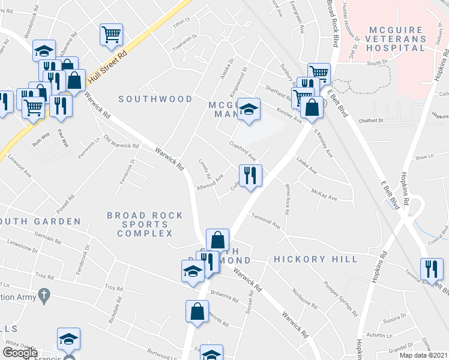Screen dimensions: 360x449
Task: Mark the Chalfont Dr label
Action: click(372, 121)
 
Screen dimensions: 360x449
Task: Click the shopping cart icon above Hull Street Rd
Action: click(111, 34)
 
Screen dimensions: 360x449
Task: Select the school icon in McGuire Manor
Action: click(249, 109)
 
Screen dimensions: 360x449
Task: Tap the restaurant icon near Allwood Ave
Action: click(250, 175)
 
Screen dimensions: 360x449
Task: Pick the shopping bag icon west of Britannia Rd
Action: click(197, 311)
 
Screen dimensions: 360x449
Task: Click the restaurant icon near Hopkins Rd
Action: click(432, 268)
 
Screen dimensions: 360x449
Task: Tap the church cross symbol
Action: click(43, 295)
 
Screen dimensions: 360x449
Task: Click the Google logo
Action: click(20, 353)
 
